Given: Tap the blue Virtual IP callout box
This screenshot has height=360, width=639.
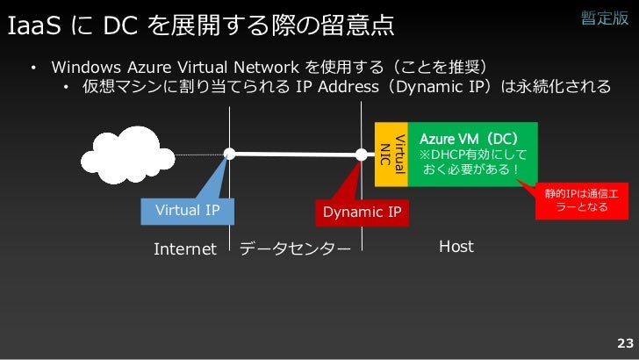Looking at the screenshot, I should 187,211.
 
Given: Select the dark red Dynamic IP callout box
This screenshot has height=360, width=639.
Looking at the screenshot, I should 362,212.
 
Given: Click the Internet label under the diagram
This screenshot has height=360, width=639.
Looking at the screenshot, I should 184,248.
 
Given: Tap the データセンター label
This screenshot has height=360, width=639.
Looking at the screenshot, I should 294,248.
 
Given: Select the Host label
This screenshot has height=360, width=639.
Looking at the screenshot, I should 456,247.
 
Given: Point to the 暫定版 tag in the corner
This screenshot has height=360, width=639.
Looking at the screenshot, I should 605,19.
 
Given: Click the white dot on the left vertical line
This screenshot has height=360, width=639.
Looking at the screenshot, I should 229,155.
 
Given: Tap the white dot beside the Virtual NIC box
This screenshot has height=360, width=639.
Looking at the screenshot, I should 362,155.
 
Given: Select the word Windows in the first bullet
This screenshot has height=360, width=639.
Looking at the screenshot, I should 86,68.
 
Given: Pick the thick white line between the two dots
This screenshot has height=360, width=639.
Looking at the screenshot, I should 295,155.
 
